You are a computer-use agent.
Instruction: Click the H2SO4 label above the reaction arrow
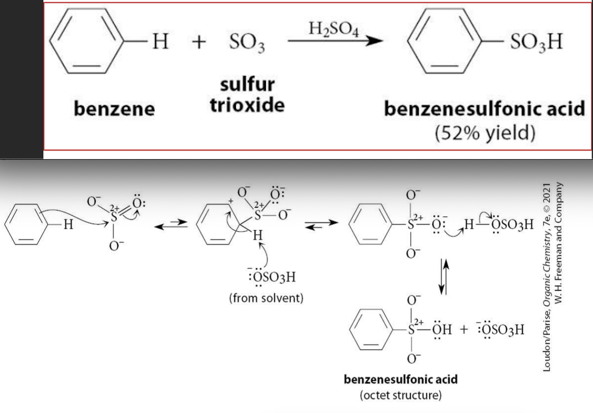334,29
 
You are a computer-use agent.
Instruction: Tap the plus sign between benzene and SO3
199,42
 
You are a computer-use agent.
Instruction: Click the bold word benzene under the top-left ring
114,109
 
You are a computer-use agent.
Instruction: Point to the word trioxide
247,105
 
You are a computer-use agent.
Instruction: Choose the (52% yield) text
485,133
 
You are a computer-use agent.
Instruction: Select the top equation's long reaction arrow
335,41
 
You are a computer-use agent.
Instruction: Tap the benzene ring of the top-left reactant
87,41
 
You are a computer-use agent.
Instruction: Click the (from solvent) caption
266,298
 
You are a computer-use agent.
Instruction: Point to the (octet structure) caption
401,395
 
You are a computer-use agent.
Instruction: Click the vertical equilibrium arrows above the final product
444,276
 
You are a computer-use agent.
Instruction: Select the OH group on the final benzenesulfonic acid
442,330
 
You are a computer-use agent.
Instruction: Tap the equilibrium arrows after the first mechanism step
171,224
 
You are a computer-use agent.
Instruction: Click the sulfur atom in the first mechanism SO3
114,218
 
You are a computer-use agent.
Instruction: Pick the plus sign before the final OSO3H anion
464,330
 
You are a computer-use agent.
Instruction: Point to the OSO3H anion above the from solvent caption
272,277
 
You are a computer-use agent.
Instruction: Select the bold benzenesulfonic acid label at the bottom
401,379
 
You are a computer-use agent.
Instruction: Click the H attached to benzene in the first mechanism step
68,225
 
